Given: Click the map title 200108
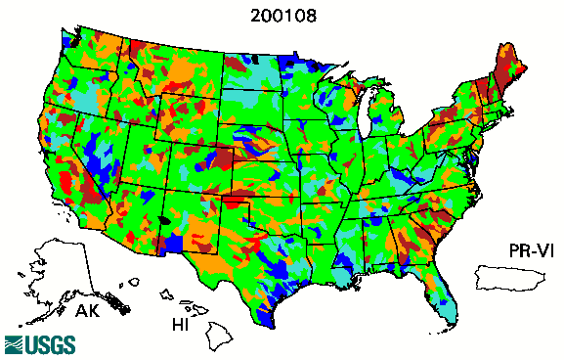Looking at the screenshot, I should [x=282, y=17].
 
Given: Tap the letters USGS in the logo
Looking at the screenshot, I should [x=45, y=344].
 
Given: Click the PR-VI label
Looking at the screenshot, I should [x=529, y=250].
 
